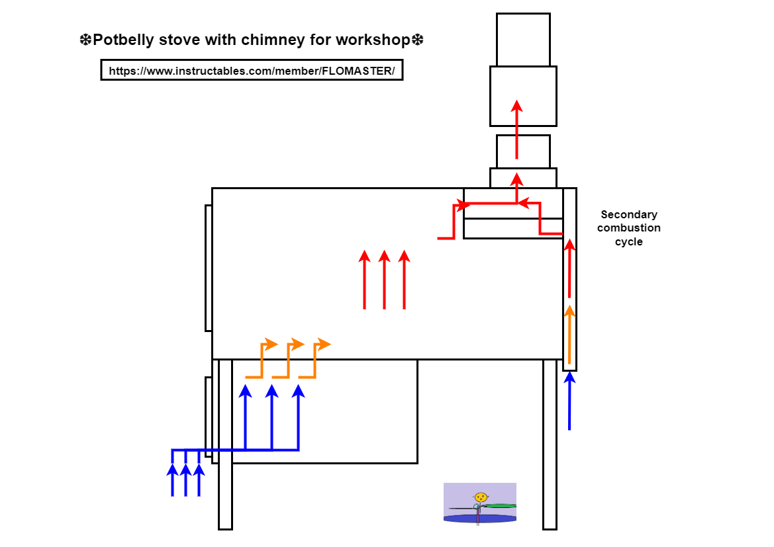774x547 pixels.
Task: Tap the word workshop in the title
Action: (372, 40)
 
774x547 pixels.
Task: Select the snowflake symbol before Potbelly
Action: (85, 40)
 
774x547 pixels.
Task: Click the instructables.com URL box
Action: (252, 71)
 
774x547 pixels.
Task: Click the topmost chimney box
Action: (523, 40)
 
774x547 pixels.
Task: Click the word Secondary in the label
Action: (628, 214)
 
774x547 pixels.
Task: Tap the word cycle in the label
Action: (628, 242)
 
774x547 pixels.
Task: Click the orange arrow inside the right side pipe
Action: (569, 334)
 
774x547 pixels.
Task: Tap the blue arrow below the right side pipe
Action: (569, 401)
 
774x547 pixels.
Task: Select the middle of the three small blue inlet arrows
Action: (185, 480)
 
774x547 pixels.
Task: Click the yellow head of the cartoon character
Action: (481, 497)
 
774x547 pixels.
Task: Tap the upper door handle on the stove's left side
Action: (208, 268)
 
